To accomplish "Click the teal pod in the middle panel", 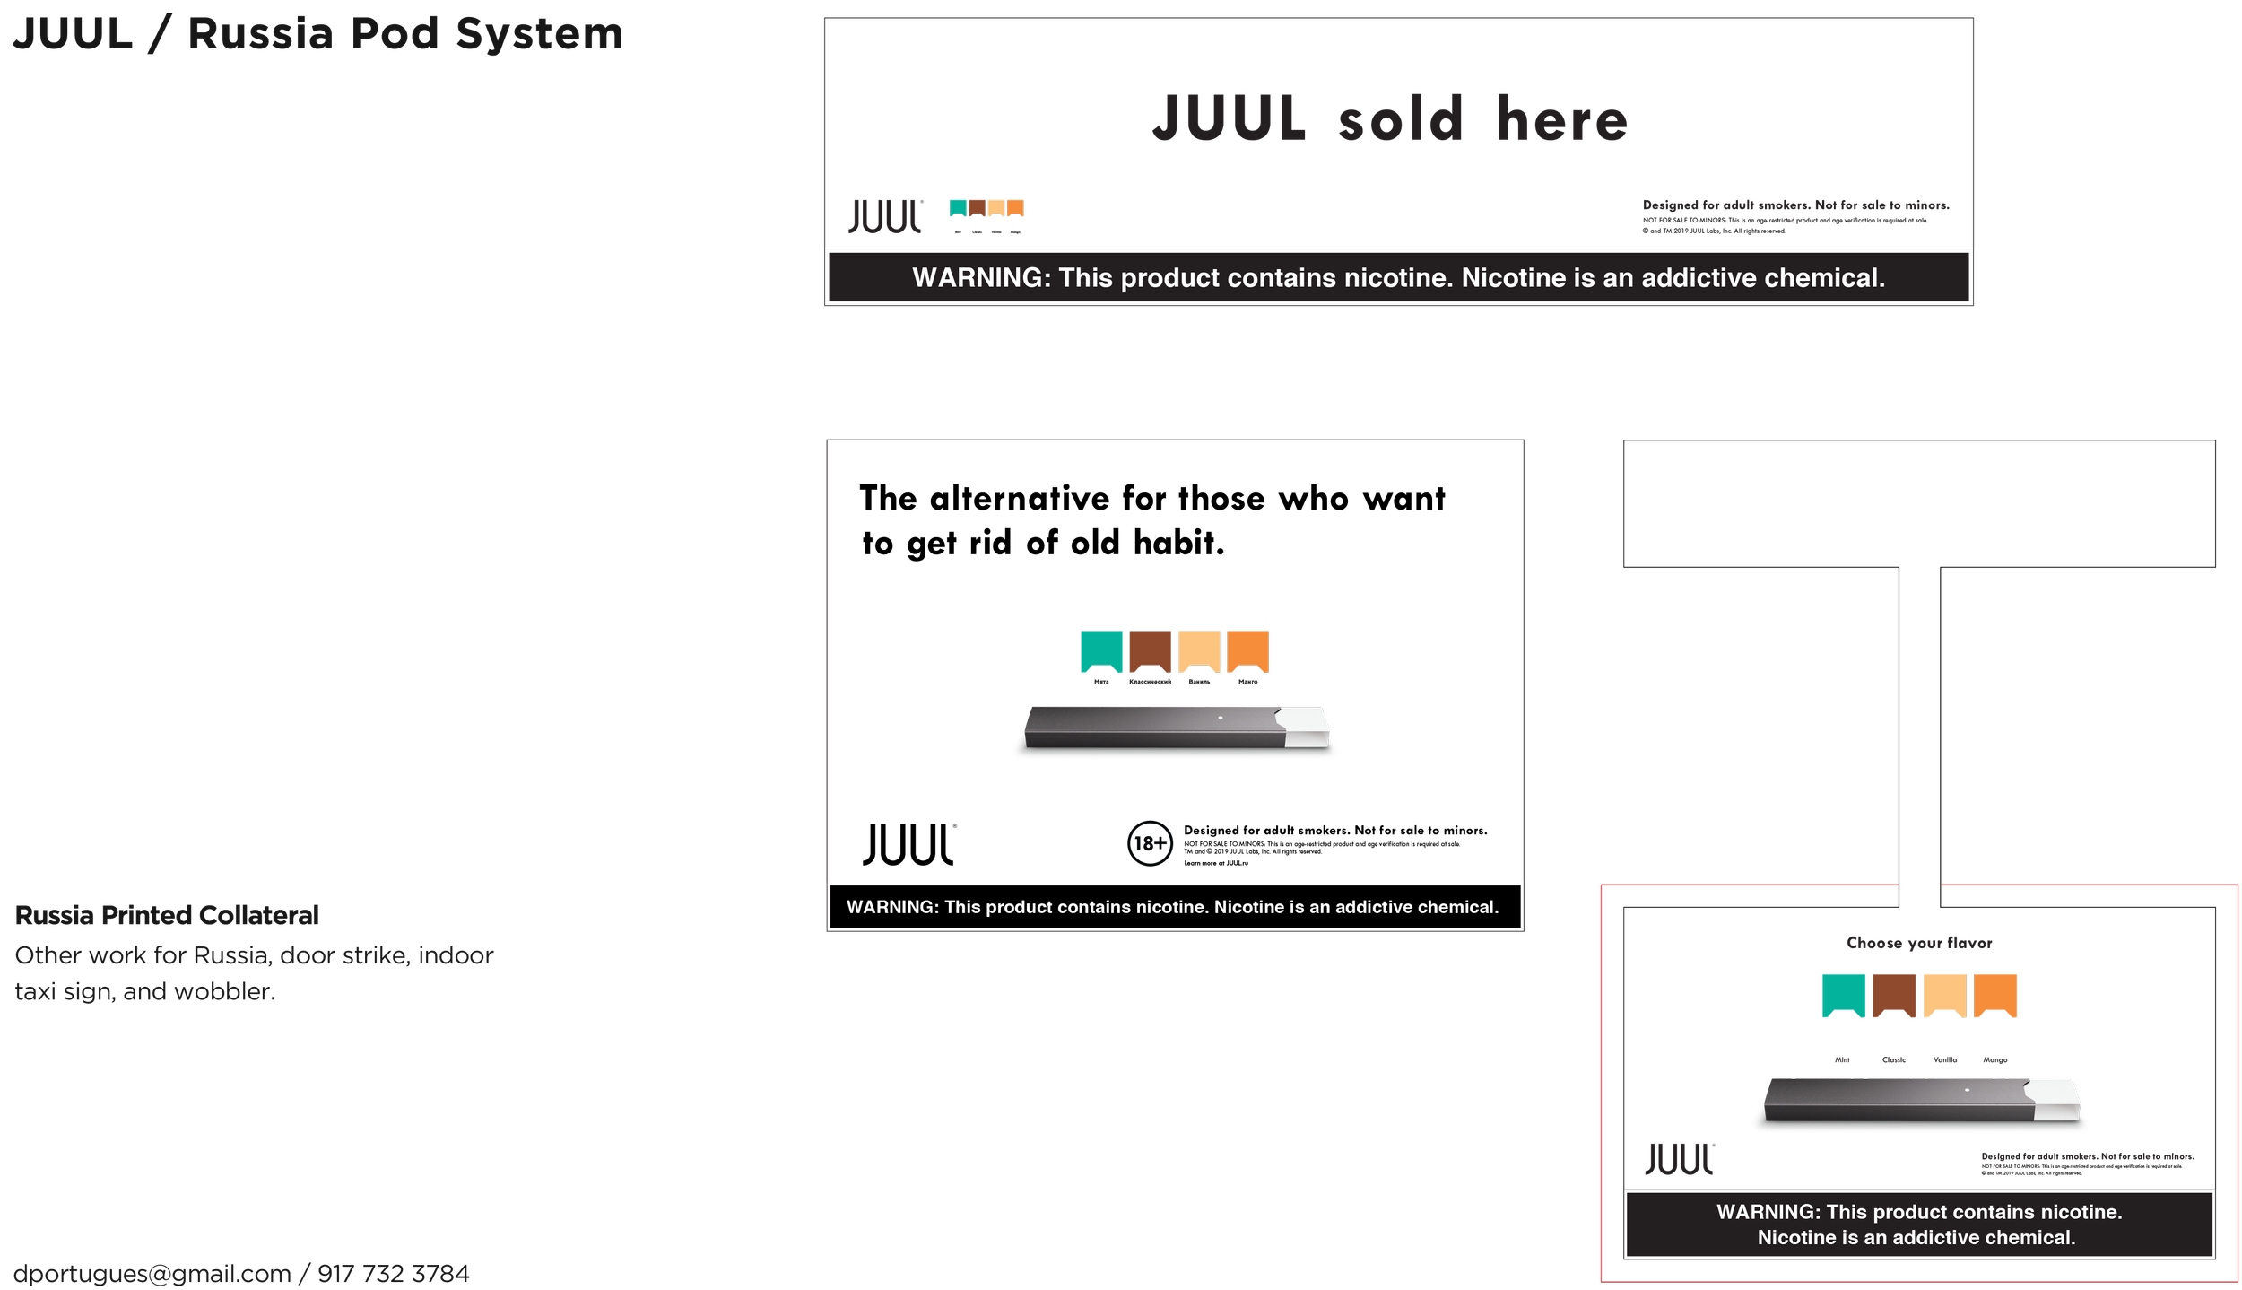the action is coord(1100,649).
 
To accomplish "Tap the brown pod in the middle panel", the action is coord(1150,649).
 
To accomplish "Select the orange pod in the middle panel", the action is coord(1247,649).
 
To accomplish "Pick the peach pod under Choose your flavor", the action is coord(1943,994).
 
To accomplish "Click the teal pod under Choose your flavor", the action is coord(1843,994).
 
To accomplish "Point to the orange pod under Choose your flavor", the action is coord(1994,994).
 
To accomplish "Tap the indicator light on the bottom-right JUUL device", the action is coord(1967,1089).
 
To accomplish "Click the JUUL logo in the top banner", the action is coord(884,216).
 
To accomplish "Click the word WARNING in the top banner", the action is coord(980,278).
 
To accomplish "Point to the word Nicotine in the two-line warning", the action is coord(1794,1237).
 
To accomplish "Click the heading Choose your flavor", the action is coord(1918,943).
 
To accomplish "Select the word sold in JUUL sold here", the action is coord(1401,119).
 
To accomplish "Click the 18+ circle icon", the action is coord(1149,842).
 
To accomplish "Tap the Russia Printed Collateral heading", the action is coord(167,915).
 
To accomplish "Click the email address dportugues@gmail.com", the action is coord(152,1273).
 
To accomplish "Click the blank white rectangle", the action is coord(814,1184).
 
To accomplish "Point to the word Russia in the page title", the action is coord(260,34).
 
